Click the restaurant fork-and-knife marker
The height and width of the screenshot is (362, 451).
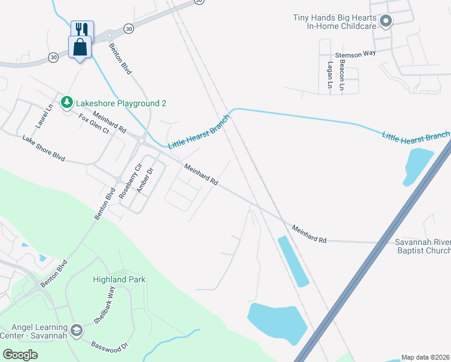pyautogui.click(x=80, y=29)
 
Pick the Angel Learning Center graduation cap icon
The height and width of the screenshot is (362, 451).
pyautogui.click(x=76, y=330)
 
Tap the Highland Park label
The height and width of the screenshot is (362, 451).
pyautogui.click(x=119, y=279)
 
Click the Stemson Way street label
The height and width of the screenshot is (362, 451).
pyautogui.click(x=356, y=54)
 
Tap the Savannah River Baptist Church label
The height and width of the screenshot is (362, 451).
pyautogui.click(x=423, y=246)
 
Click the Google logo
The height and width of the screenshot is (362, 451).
pyautogui.click(x=20, y=355)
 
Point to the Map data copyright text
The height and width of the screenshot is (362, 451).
pyautogui.click(x=426, y=357)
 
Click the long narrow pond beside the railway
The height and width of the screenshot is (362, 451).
pyautogui.click(x=293, y=261)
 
